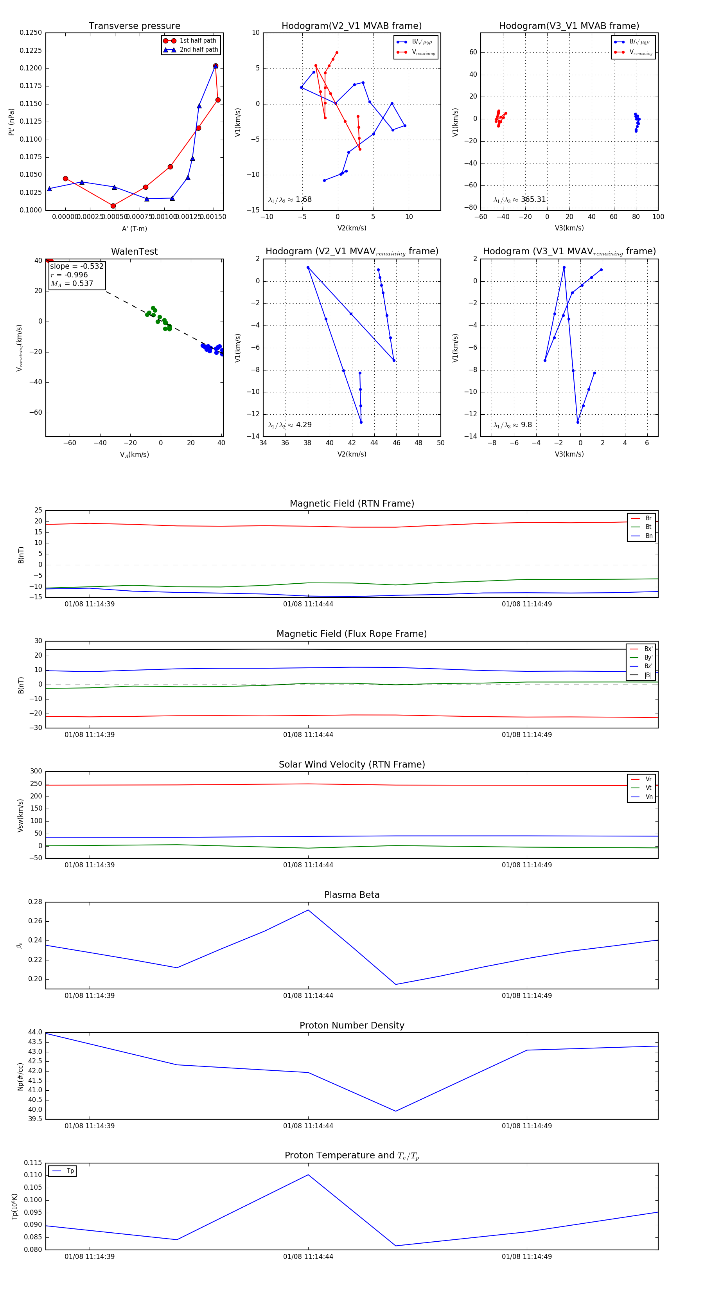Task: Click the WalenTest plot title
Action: [x=134, y=252]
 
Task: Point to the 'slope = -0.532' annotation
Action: [x=77, y=266]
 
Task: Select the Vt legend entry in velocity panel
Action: [x=648, y=788]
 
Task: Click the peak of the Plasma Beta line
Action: [x=308, y=910]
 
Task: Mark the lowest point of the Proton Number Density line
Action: [x=396, y=1111]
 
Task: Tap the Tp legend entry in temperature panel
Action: [x=70, y=1171]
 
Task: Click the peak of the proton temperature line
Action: [x=308, y=1175]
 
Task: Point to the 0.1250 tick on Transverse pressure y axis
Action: [x=31, y=32]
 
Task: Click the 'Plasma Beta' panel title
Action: [x=352, y=895]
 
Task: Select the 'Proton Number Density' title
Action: [x=352, y=1025]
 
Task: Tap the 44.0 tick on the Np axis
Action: [x=35, y=1032]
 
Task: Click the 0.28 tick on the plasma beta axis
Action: [x=35, y=902]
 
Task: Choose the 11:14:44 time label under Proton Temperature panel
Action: [x=308, y=1257]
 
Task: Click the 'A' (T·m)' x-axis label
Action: [x=134, y=228]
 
